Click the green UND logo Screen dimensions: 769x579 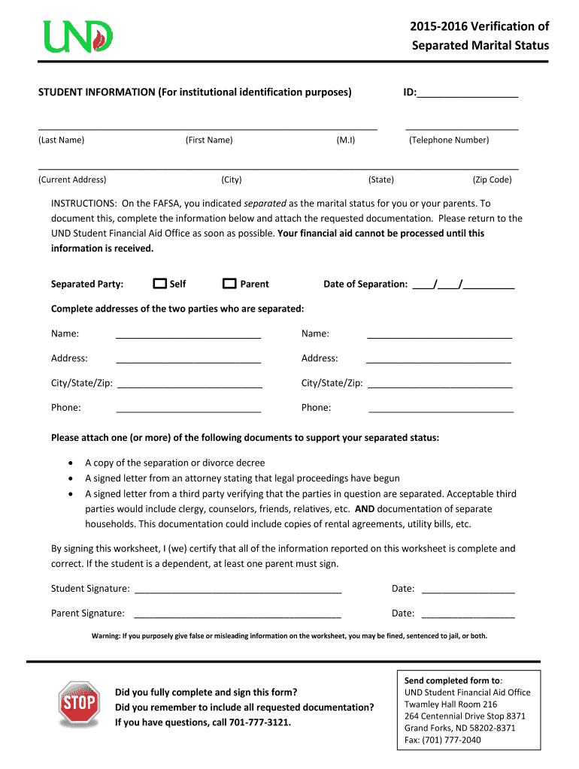click(x=78, y=36)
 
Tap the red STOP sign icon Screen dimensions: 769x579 click(x=79, y=704)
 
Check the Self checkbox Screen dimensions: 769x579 click(x=159, y=284)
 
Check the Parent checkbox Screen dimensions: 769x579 click(x=229, y=284)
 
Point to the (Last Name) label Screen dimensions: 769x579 click(x=62, y=140)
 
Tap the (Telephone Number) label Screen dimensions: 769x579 click(x=448, y=140)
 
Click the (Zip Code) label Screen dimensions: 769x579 click(x=492, y=180)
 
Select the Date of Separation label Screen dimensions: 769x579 click(x=365, y=285)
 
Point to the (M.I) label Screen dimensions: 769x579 click(x=346, y=140)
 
